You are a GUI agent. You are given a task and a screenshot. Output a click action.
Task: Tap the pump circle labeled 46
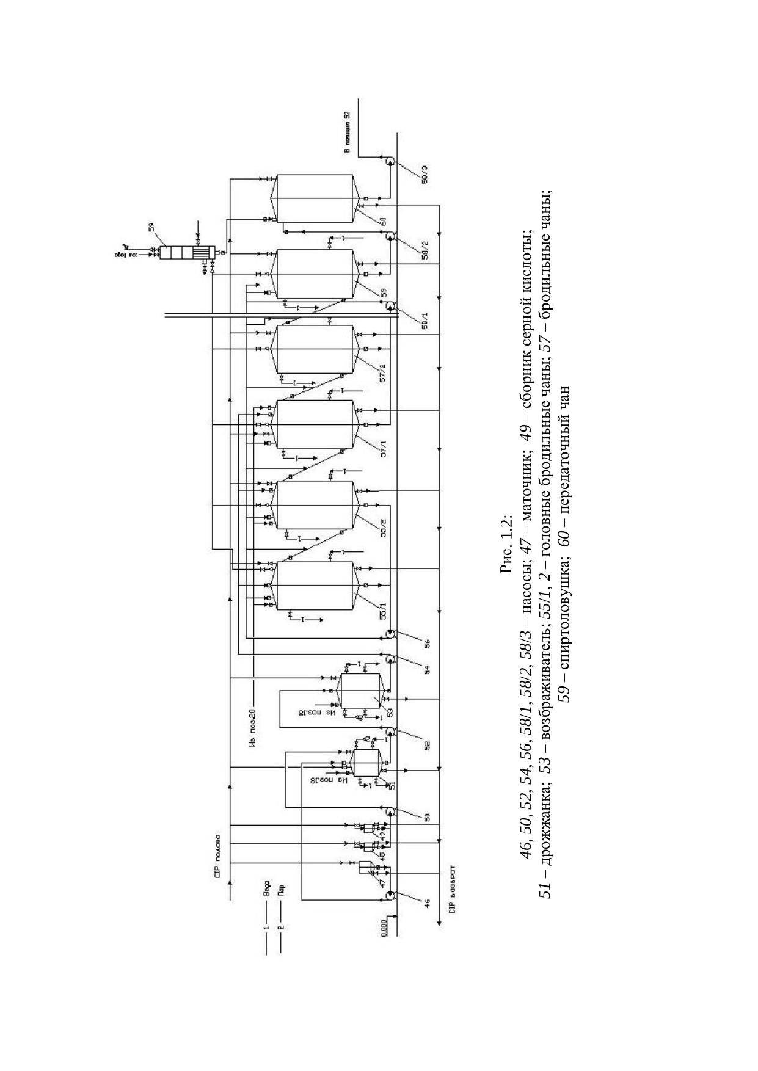390,895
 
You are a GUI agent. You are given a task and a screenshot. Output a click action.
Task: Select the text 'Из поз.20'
252,727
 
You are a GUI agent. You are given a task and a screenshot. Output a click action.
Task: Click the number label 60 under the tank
384,222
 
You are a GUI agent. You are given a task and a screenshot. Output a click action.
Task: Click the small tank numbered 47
365,869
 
